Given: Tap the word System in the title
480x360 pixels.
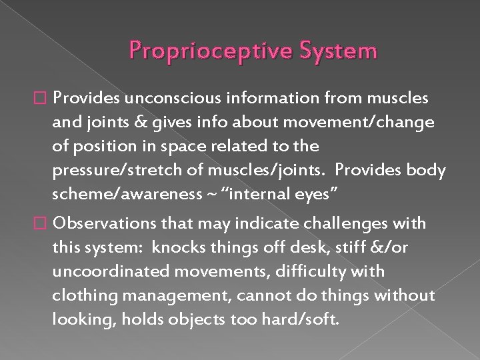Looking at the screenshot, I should (x=340, y=51).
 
